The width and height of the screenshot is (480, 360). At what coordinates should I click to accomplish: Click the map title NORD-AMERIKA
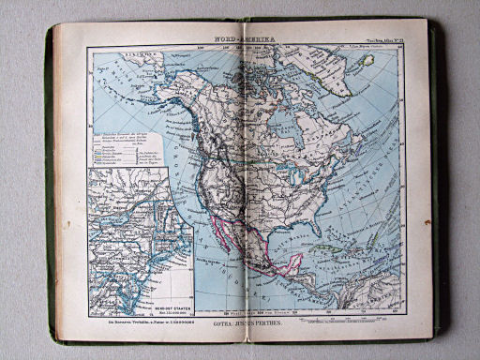tap(240, 40)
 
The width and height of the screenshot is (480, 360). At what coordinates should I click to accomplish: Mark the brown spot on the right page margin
tap(427, 223)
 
